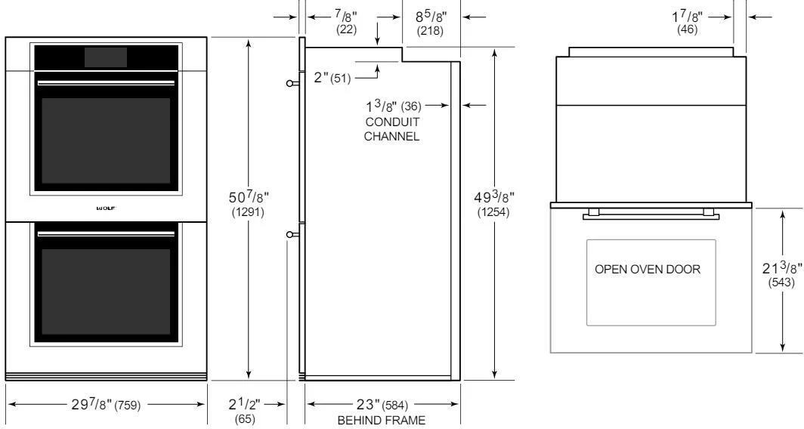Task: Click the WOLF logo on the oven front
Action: pyautogui.click(x=106, y=206)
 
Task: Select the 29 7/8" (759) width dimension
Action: pyautogui.click(x=106, y=406)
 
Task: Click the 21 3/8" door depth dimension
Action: pyautogui.click(x=778, y=276)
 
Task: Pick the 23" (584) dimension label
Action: pyautogui.click(x=382, y=406)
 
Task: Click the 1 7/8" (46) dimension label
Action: pyautogui.click(x=688, y=21)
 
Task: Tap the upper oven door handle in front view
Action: pyautogui.click(x=106, y=82)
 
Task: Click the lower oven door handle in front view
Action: pyautogui.click(x=106, y=233)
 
